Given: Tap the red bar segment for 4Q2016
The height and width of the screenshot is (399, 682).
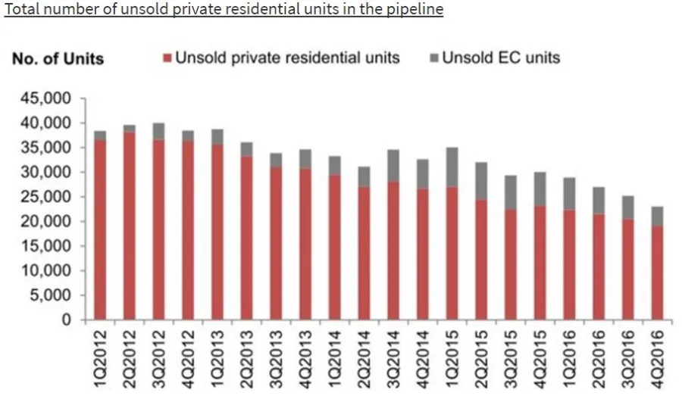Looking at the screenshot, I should [657, 273].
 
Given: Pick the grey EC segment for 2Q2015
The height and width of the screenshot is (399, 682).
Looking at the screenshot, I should [481, 181].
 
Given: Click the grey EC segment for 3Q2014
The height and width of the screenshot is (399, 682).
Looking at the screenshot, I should [393, 166].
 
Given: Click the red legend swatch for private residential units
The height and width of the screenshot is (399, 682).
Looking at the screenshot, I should [167, 58].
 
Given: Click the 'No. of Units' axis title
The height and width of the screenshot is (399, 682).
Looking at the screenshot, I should [58, 59].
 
